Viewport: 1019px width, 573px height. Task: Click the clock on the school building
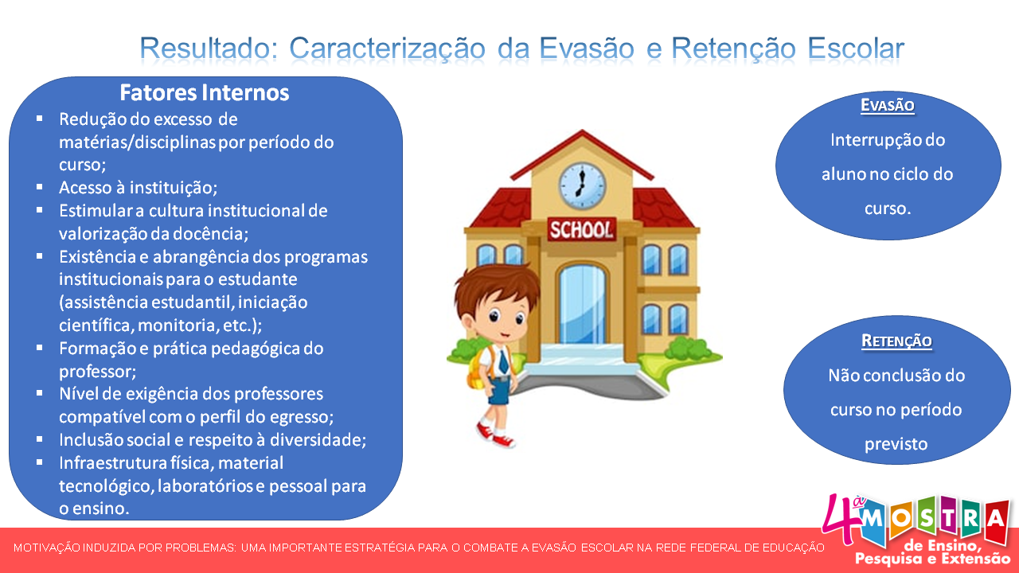point(582,183)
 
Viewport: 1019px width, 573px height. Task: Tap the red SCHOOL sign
point(582,230)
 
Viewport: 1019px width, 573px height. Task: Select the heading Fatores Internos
point(204,93)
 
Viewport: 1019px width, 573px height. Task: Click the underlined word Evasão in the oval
point(888,105)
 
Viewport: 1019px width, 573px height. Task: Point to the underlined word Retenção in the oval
point(896,341)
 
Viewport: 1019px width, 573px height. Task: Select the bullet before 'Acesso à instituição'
point(40,187)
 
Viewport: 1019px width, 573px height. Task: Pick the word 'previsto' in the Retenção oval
point(896,444)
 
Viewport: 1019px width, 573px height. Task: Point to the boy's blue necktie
point(503,363)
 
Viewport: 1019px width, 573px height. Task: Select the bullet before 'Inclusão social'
point(40,439)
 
